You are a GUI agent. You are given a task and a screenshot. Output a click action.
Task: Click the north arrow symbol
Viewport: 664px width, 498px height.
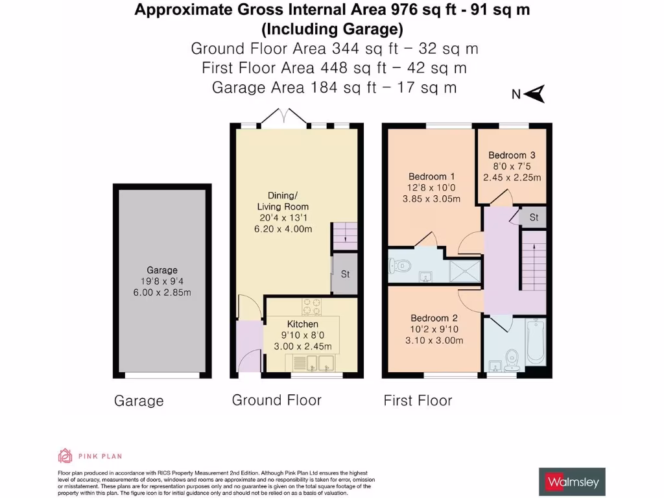pos(536,95)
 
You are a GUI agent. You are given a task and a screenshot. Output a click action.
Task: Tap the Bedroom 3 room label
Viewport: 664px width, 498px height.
pos(512,156)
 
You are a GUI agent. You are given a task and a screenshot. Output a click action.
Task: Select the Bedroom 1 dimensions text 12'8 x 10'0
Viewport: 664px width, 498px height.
pos(431,187)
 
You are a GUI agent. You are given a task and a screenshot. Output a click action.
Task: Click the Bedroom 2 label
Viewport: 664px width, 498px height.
pos(434,318)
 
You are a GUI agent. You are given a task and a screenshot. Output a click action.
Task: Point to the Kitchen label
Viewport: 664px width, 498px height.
pos(303,324)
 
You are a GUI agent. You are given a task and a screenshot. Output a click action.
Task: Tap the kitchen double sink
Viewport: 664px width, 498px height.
pos(313,364)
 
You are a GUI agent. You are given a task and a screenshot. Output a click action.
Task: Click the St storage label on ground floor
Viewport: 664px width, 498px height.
pos(345,274)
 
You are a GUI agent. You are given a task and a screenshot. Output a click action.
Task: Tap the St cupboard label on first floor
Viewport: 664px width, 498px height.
pos(534,218)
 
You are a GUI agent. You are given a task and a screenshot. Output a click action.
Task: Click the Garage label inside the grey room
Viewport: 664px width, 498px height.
pos(161,270)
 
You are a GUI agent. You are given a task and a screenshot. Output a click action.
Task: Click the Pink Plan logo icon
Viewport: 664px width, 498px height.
pos(64,456)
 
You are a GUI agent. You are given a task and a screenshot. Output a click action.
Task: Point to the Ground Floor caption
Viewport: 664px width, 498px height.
pos(276,400)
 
